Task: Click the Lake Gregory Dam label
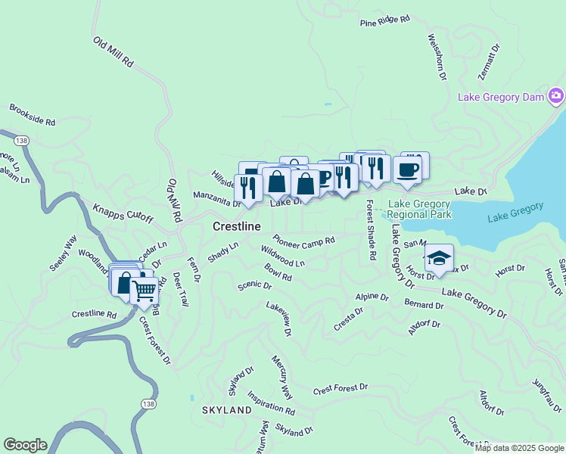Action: (502, 97)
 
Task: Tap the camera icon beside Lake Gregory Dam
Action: (557, 95)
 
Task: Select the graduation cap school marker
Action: (438, 259)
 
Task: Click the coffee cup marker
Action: (407, 170)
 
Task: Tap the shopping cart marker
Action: (144, 290)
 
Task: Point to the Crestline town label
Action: (237, 226)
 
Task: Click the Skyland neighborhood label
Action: (226, 409)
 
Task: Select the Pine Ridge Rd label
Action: (386, 21)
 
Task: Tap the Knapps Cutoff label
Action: (123, 214)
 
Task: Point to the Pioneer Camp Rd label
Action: (304, 241)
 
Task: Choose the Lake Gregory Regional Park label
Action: (420, 209)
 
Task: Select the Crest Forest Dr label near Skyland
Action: (340, 389)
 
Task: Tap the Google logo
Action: (25, 445)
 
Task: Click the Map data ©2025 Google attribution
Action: (519, 448)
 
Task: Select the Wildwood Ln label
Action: (282, 256)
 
